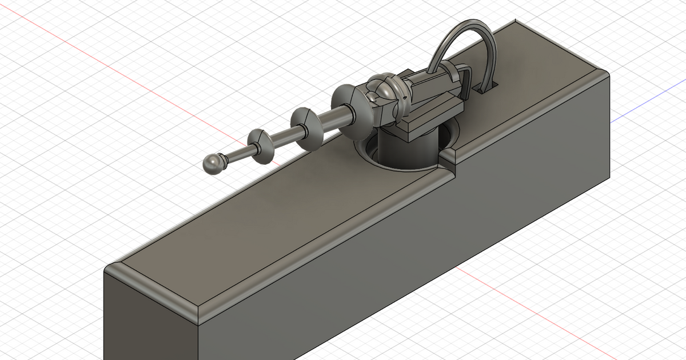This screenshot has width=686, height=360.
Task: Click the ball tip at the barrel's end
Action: (213, 163)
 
